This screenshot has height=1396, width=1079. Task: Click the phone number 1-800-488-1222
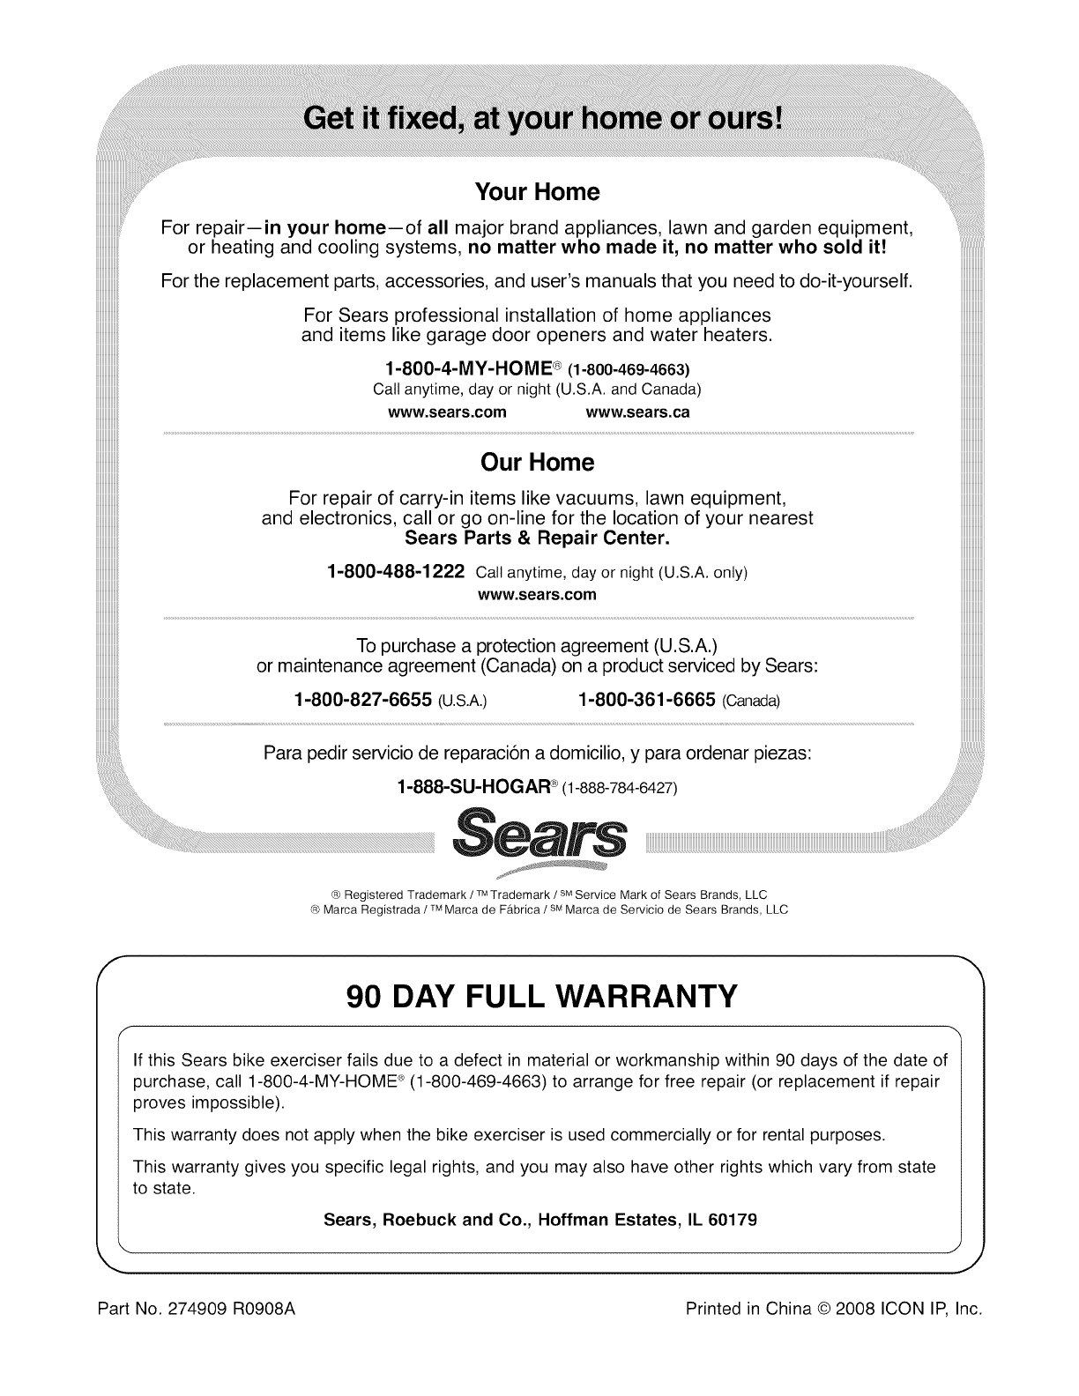pos(395,571)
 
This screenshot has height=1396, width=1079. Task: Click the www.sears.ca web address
pos(637,412)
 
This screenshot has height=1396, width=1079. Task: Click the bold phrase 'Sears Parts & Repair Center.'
pos(538,537)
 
